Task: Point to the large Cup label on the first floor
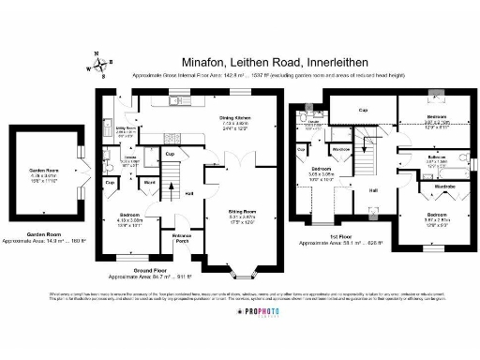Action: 362,110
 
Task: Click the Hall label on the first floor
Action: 373,190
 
